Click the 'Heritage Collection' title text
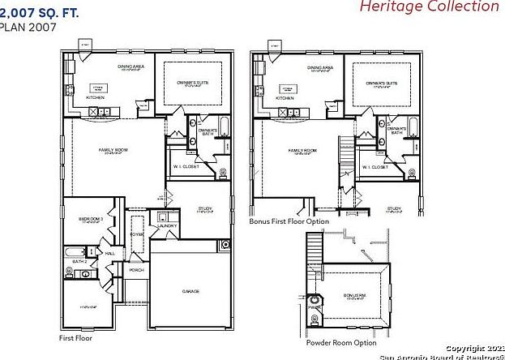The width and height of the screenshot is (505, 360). click(x=440, y=7)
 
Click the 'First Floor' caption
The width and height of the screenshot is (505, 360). click(x=75, y=337)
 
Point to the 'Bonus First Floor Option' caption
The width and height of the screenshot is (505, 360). click(x=289, y=221)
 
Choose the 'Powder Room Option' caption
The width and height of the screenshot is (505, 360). click(x=341, y=342)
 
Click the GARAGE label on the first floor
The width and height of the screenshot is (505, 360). click(x=190, y=290)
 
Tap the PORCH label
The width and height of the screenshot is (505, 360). click(x=136, y=269)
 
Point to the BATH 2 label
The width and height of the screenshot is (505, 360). click(x=79, y=262)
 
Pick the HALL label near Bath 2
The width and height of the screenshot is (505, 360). click(x=109, y=253)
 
